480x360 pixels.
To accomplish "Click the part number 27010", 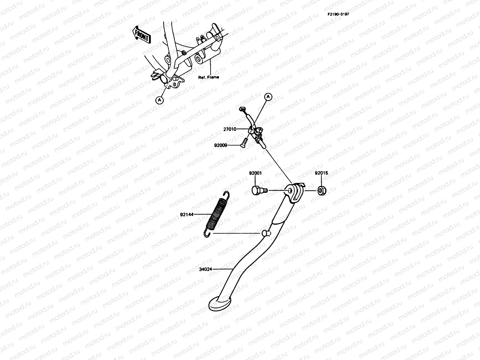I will coord(229,129).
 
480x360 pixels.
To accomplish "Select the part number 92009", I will coord(220,145).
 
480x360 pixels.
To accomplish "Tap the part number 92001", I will coord(255,173).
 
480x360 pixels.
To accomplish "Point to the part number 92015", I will coord(321,173).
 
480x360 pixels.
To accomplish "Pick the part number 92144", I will coord(187,214).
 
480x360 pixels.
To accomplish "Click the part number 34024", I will coord(205,269).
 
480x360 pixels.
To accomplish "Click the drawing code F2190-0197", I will coord(338,14).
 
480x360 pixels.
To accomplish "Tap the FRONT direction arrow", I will coord(141,34).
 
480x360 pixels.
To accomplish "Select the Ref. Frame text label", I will coord(208,77).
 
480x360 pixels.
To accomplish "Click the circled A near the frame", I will coord(160,100).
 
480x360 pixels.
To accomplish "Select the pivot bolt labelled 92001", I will coord(257,190).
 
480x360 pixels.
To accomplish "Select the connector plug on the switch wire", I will coord(242,109).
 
